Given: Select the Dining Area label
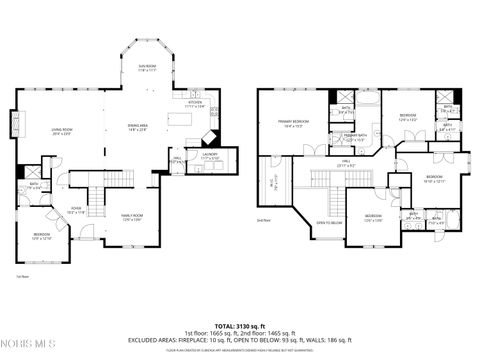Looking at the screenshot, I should [137, 127].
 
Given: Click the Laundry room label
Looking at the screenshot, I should [208, 156].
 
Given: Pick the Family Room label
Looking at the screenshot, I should [132, 217].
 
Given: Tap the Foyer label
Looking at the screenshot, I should [75, 210].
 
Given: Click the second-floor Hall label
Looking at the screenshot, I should [343, 162].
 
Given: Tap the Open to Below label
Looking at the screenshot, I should [329, 222].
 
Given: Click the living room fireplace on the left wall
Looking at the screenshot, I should [14, 125].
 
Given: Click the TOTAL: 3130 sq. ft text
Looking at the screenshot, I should [239, 326].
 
